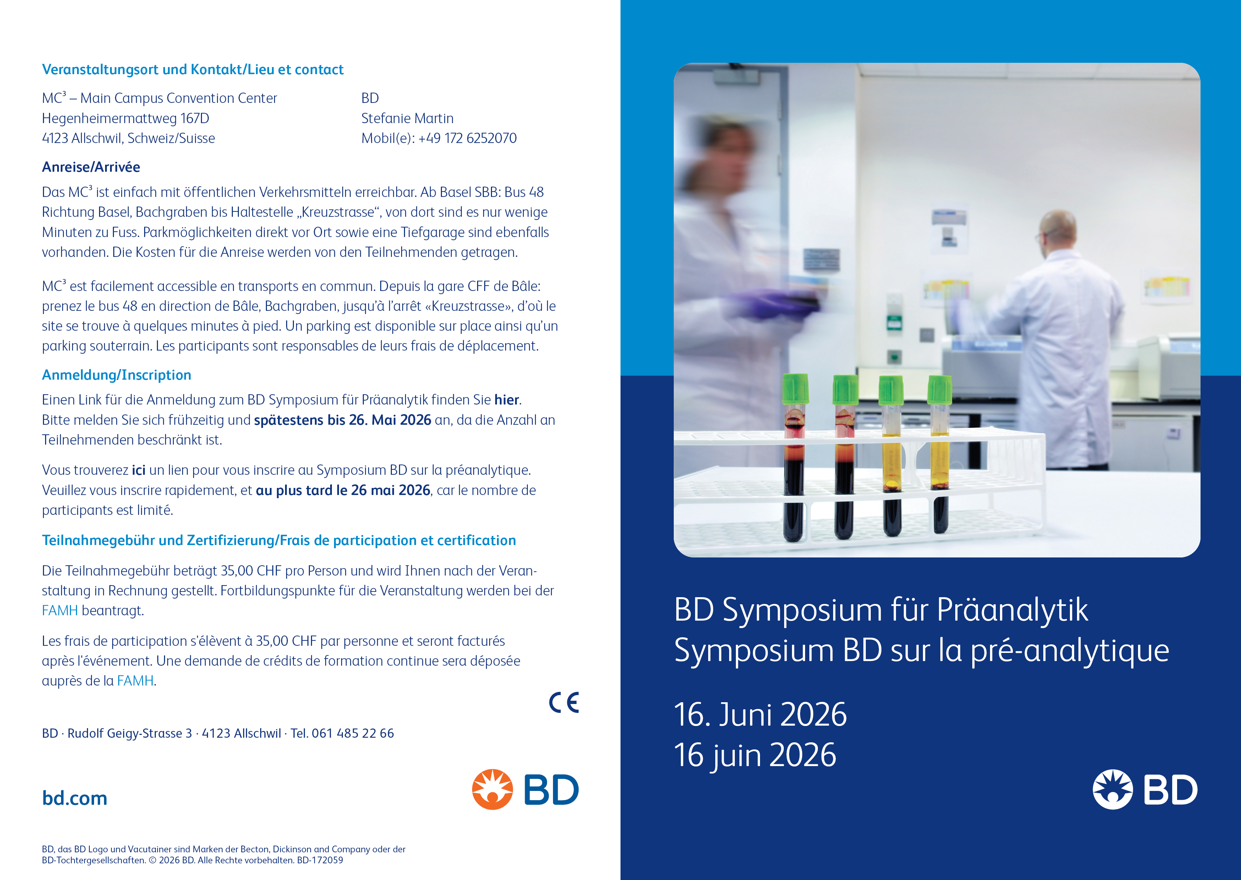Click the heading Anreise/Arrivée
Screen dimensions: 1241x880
pyautogui.click(x=91, y=167)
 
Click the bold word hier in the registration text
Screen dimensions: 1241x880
pyautogui.click(x=507, y=400)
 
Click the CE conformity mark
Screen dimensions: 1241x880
pyautogui.click(x=564, y=703)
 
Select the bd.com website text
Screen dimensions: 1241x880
pyautogui.click(x=75, y=798)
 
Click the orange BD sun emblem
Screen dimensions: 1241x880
pyautogui.click(x=492, y=790)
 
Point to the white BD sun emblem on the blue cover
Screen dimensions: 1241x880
pyautogui.click(x=1112, y=790)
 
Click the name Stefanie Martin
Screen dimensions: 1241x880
pyautogui.click(x=408, y=118)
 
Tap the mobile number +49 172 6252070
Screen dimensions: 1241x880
pyautogui.click(x=468, y=138)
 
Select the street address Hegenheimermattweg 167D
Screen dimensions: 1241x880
pyautogui.click(x=126, y=118)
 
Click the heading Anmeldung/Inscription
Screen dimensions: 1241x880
pyautogui.click(x=116, y=375)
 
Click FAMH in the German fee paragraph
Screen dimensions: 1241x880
pyautogui.click(x=60, y=611)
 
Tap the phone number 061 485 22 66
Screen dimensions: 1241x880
pyautogui.click(x=353, y=733)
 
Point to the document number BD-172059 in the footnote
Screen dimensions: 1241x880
pyautogui.click(x=320, y=860)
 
